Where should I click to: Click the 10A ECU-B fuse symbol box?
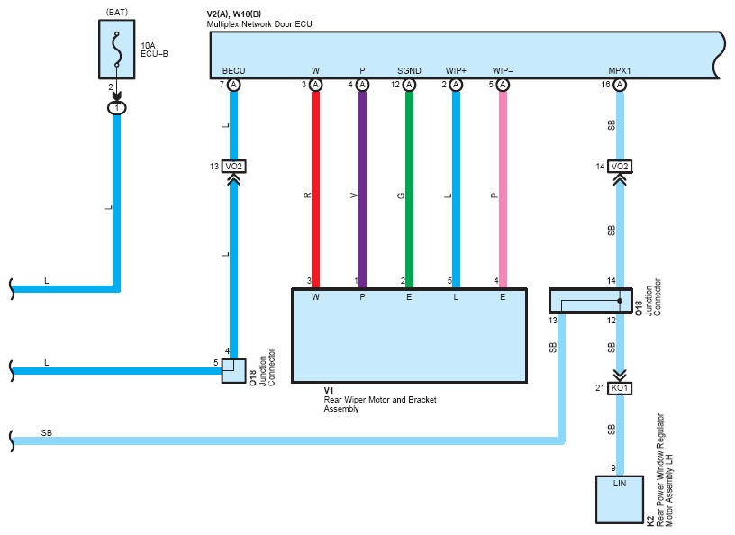tap(117, 50)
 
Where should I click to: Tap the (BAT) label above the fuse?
tap(117, 13)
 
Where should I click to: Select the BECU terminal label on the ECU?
tap(233, 71)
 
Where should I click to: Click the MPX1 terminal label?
tap(619, 71)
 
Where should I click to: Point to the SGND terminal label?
tap(409, 71)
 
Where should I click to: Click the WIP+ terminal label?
tap(456, 71)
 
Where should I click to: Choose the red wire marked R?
tap(315, 189)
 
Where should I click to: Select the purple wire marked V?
tap(362, 189)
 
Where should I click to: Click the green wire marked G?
tap(409, 189)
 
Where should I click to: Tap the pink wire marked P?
tap(503, 189)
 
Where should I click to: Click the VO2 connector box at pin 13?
tap(233, 167)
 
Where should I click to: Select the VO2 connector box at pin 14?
tap(620, 167)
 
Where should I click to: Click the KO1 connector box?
tap(620, 388)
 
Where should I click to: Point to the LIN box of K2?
tap(619, 500)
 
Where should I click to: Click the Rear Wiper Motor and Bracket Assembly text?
tap(380, 404)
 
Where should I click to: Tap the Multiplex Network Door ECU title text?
tap(259, 24)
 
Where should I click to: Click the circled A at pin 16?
tap(620, 85)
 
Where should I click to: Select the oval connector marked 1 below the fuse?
tap(117, 108)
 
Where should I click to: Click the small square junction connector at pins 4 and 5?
tap(233, 371)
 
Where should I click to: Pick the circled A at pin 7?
tap(233, 85)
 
